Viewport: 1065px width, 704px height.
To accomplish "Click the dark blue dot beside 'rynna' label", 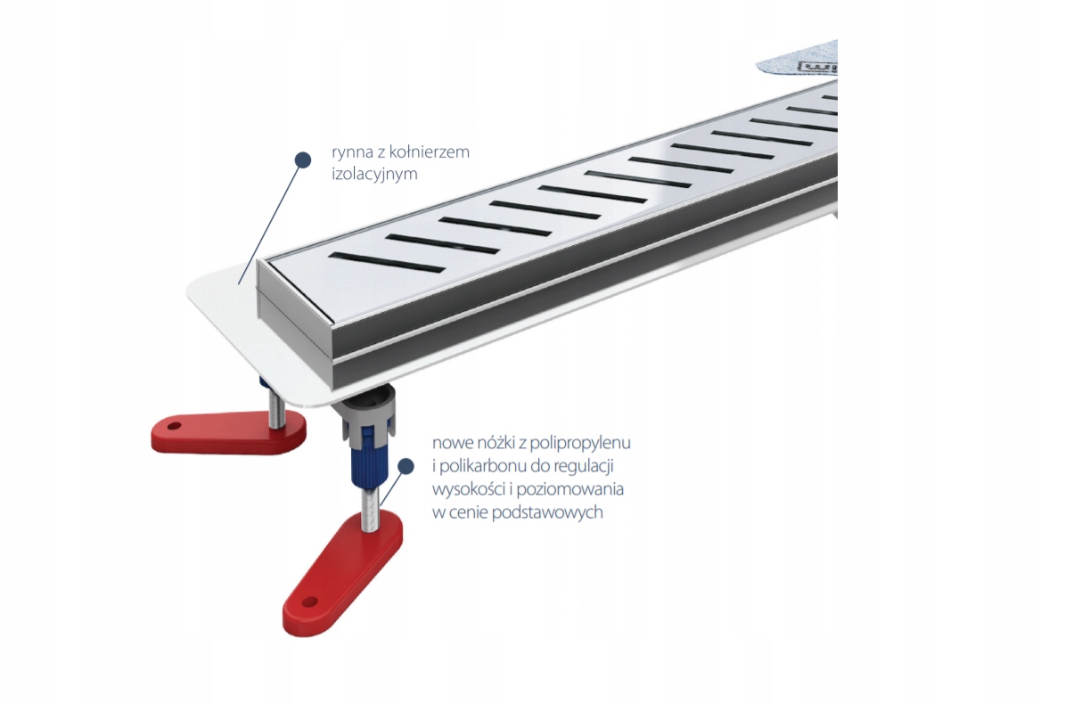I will (x=303, y=160).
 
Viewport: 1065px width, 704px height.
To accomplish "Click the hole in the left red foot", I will (x=175, y=426).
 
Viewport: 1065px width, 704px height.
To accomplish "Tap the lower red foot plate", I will (x=343, y=570).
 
